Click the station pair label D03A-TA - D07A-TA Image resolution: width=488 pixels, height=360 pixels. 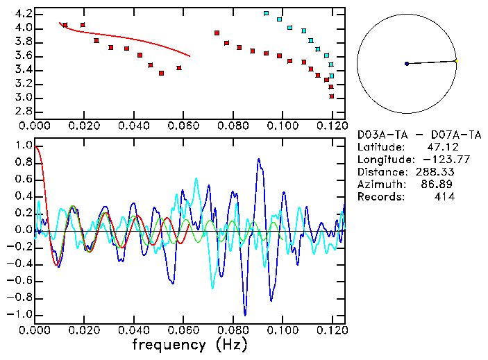pyautogui.click(x=418, y=135)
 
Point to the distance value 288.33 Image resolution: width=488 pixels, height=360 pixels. pyautogui.click(x=434, y=172)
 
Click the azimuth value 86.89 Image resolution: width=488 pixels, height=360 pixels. pyautogui.click(x=440, y=185)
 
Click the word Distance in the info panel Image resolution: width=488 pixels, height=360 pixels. pyautogui.click(x=380, y=172)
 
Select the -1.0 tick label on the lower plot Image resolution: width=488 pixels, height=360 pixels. pyautogui.click(x=19, y=314)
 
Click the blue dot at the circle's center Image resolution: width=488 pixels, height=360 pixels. pyautogui.click(x=407, y=64)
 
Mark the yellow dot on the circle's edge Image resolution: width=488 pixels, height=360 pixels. pyautogui.click(x=456, y=61)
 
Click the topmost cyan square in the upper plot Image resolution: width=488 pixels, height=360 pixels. pyautogui.click(x=267, y=13)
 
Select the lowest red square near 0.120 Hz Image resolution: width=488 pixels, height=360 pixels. pyautogui.click(x=332, y=96)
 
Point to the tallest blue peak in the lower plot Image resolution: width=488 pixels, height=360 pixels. pyautogui.click(x=258, y=160)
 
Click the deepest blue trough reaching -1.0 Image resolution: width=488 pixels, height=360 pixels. pyautogui.click(x=244, y=314)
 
